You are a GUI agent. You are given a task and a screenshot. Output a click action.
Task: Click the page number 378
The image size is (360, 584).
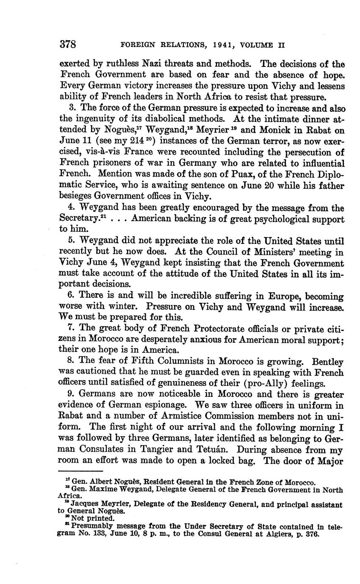[67, 44]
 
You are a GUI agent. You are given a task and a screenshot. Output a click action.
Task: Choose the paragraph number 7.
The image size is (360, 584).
[71, 329]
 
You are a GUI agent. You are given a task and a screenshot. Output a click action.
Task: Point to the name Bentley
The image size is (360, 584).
[327, 362]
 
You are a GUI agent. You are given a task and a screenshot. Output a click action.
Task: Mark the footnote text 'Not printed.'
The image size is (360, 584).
[93, 518]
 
